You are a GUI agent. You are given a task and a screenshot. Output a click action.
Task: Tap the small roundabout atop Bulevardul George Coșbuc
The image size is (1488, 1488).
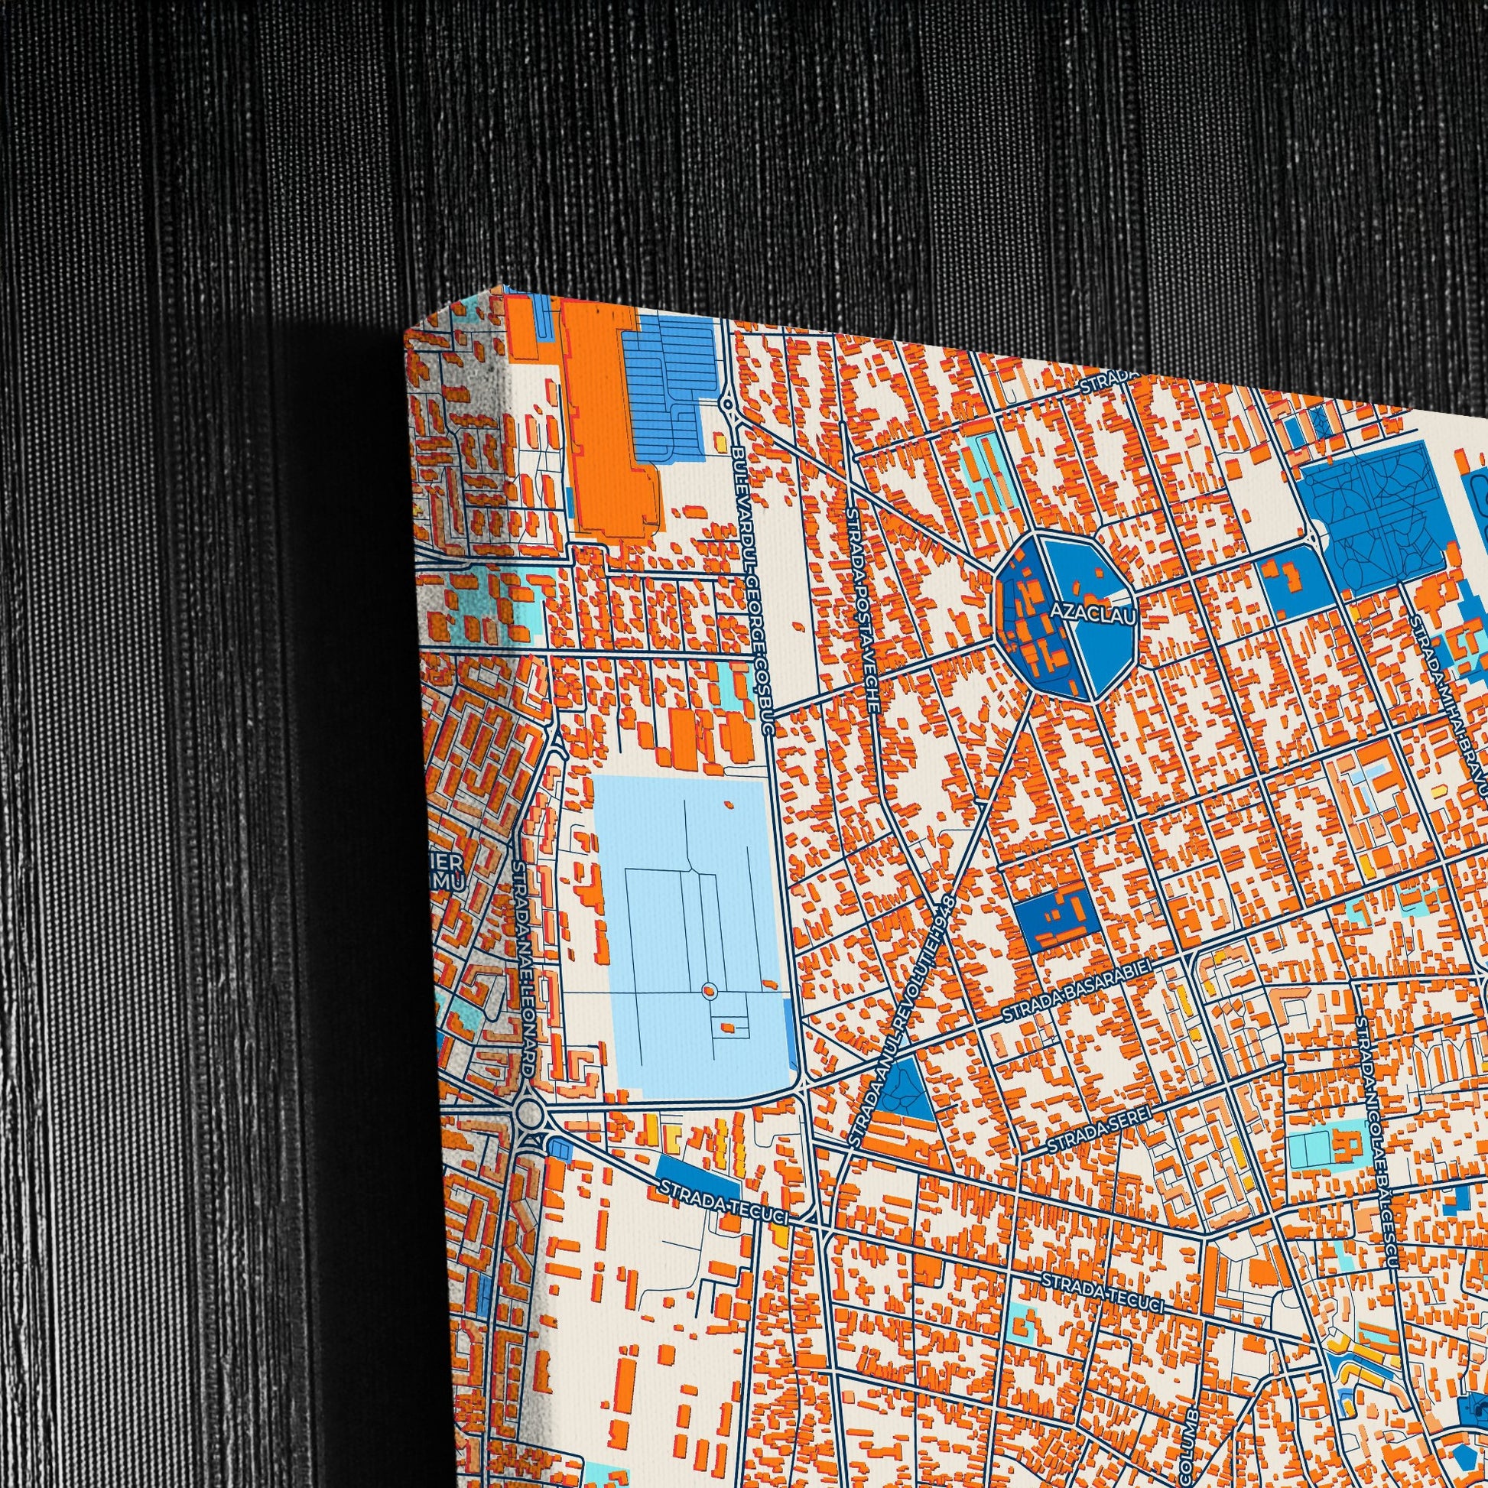click(727, 403)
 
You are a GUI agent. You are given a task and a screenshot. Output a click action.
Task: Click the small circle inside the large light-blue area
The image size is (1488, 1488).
click(710, 989)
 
